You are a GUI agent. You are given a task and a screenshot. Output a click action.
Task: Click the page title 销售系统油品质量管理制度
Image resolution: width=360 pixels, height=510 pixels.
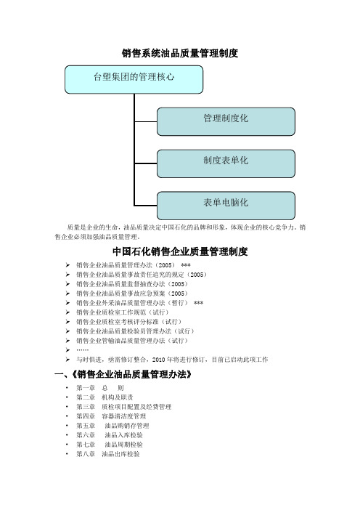(180, 53)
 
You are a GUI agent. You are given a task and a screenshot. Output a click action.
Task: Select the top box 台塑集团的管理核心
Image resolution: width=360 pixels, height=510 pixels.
(134, 80)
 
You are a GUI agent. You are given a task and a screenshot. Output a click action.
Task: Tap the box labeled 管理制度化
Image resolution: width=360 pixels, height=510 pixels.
(226, 121)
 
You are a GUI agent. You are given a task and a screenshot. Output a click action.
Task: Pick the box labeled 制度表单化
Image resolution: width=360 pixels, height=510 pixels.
(226, 163)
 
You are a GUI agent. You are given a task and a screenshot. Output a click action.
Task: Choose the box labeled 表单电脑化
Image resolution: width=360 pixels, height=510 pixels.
(226, 206)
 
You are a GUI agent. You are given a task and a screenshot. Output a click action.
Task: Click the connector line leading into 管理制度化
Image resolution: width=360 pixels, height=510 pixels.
(146, 121)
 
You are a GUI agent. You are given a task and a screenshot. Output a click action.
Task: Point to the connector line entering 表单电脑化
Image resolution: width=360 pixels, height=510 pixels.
(146, 206)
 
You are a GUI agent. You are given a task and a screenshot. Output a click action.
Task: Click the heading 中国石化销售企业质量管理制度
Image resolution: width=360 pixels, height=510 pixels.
(180, 251)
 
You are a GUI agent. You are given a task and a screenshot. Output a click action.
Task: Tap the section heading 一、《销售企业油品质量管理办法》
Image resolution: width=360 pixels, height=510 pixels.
(123, 375)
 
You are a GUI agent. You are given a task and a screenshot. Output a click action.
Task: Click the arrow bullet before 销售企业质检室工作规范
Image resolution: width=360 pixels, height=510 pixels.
(67, 312)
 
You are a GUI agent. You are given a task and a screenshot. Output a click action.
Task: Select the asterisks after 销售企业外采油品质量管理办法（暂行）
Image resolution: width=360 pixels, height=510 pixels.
(198, 303)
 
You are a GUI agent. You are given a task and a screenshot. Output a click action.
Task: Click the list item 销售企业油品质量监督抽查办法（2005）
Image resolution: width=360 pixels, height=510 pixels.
(132, 284)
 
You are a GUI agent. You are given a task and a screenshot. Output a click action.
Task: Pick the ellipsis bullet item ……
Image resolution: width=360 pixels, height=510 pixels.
(82, 350)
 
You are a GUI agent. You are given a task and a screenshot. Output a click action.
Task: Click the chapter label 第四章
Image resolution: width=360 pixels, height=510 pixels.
(86, 416)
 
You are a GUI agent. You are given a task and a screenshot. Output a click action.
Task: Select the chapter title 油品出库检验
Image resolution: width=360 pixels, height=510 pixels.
(120, 454)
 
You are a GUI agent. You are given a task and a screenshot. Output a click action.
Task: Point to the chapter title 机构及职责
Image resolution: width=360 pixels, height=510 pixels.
(118, 397)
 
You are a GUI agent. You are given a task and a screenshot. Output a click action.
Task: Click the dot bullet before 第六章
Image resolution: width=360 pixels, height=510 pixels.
(67, 435)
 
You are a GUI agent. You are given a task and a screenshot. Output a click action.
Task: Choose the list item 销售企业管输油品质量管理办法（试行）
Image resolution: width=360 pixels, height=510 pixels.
(132, 341)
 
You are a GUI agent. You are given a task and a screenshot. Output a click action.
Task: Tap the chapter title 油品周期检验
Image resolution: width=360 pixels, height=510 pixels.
(124, 445)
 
